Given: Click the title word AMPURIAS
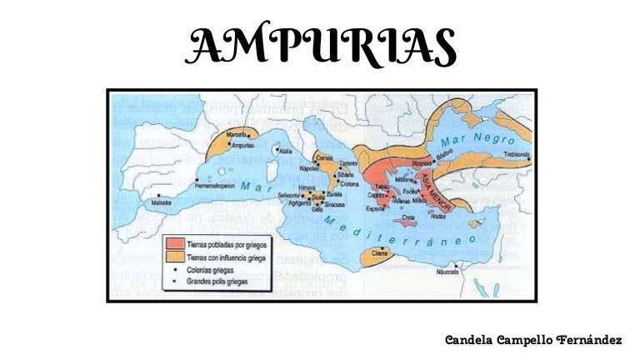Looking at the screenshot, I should pyautogui.click(x=321, y=47).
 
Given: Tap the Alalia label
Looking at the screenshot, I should pyautogui.click(x=286, y=152).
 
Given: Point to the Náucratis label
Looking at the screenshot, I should pyautogui.click(x=448, y=272).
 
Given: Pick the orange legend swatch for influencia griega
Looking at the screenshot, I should pyautogui.click(x=175, y=256).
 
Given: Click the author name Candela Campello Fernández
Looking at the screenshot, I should pyautogui.click(x=533, y=341).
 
